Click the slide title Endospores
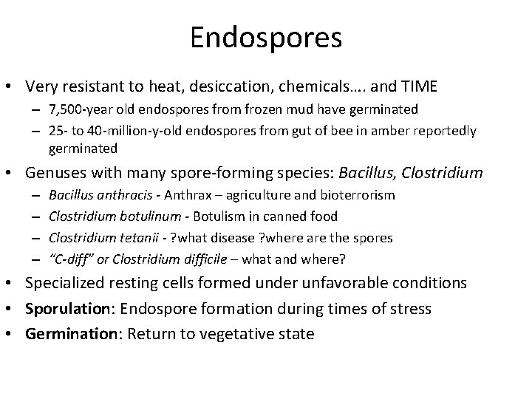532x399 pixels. coord(266,38)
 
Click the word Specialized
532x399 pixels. coord(67,283)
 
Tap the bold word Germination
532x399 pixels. coord(68,333)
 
